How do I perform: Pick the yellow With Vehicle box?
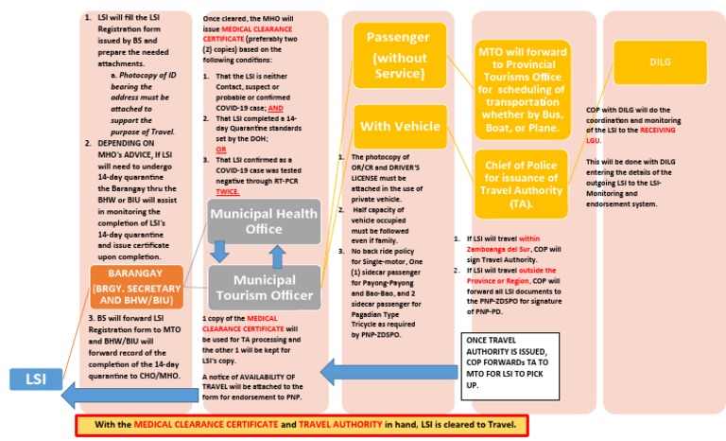pyautogui.click(x=399, y=126)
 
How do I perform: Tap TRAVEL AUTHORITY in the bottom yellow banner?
pyautogui.click(x=337, y=425)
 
